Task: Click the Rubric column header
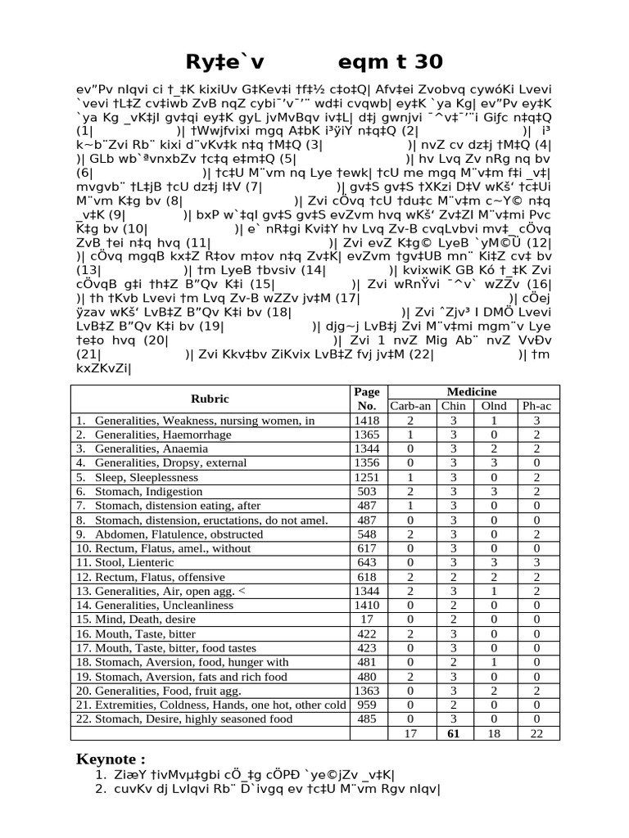(x=210, y=399)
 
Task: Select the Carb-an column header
(x=410, y=406)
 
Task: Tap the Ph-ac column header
(x=536, y=406)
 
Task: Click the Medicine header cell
(x=473, y=392)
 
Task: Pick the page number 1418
(x=366, y=421)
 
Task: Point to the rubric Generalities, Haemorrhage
(x=163, y=435)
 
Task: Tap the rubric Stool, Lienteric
(x=134, y=562)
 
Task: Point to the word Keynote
(x=111, y=758)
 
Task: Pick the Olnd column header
(x=494, y=406)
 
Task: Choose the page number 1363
(x=366, y=690)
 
